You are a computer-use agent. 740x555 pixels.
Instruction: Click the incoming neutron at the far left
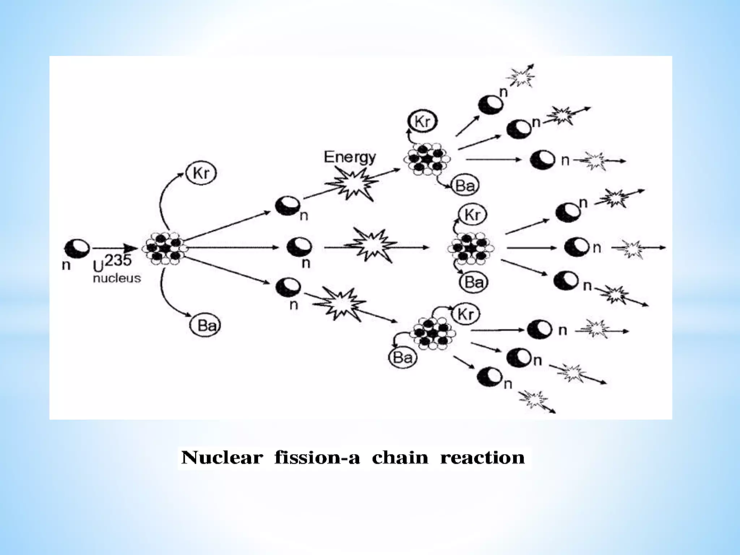pos(77,248)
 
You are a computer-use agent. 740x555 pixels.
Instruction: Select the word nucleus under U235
pos(117,279)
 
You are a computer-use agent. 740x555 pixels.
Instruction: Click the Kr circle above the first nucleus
pos(201,173)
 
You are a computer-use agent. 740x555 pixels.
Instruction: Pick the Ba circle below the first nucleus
pos(205,326)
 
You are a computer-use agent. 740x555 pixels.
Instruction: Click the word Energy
pos(349,157)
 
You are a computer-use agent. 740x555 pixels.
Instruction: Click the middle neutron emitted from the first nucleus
pos(299,248)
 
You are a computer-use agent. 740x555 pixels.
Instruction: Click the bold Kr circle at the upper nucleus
pos(422,122)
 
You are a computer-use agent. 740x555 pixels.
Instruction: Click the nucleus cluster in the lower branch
pos(433,333)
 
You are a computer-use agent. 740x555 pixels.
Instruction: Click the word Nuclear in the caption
pos(222,458)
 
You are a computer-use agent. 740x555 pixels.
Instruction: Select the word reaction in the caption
pos(482,458)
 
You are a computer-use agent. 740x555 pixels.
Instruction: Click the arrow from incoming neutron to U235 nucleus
pos(115,248)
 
